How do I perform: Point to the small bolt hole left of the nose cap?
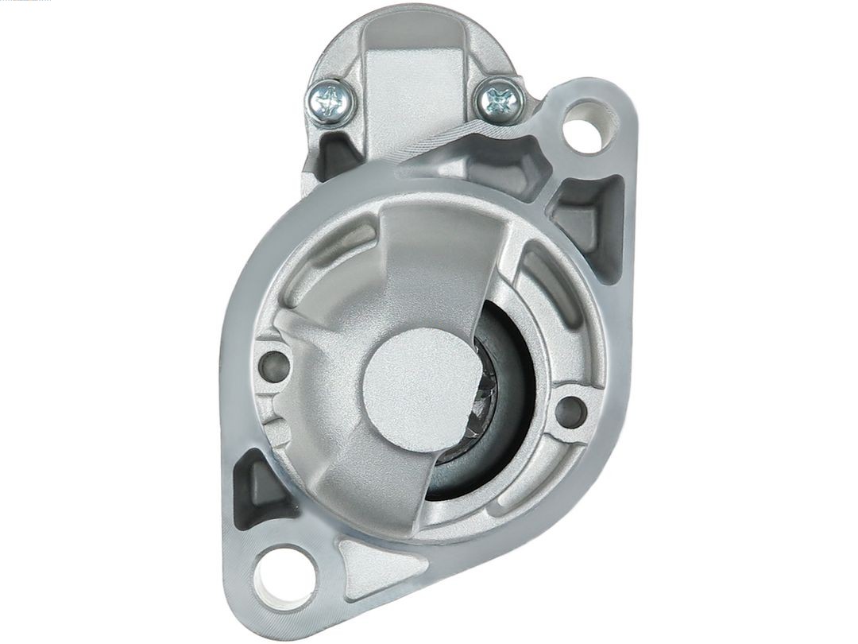coord(273,366)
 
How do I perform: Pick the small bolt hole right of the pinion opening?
coord(570,411)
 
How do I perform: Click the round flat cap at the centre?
coord(415,390)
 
